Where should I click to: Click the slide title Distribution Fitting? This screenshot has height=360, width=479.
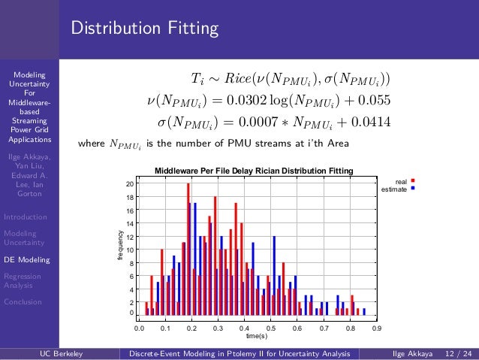[144, 29]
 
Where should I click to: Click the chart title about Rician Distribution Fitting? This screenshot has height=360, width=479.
[254, 171]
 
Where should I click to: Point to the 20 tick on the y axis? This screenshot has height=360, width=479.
[130, 184]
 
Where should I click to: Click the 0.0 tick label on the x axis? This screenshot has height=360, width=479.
[139, 328]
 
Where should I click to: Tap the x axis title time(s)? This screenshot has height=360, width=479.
[258, 336]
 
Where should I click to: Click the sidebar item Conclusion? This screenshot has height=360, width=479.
[23, 302]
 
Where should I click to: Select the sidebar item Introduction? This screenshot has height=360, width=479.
[26, 217]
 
